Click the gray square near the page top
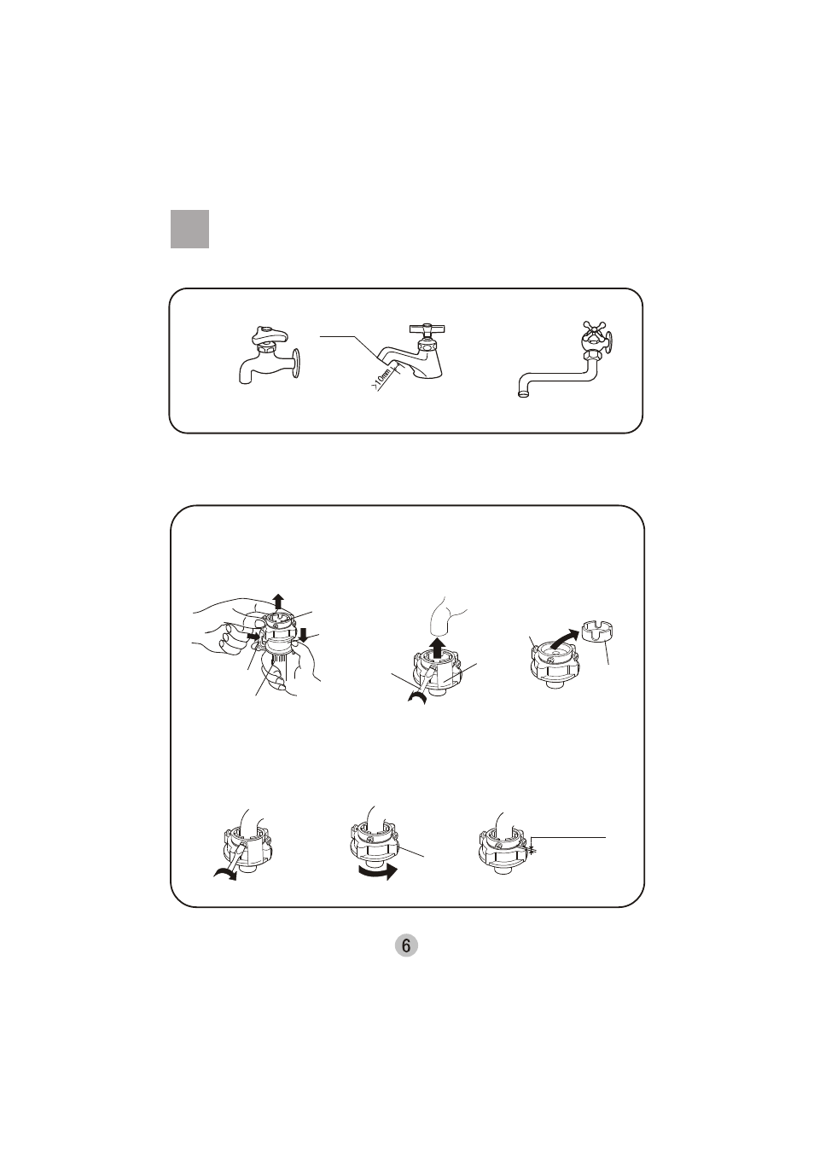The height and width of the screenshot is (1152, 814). (189, 229)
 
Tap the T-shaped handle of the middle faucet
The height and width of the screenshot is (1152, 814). (427, 329)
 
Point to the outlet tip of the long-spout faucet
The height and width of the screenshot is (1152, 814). (524, 394)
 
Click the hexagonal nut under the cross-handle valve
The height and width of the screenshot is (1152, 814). (592, 356)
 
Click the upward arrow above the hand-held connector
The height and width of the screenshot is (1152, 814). (277, 601)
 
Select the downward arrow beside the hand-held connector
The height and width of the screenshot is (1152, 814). (304, 636)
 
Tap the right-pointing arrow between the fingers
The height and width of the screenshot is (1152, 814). (254, 637)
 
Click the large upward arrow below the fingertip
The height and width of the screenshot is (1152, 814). (437, 648)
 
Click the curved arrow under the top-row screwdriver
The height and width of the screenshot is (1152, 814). (417, 697)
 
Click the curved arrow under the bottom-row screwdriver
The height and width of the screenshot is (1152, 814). (225, 874)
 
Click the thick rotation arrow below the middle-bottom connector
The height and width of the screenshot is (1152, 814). (378, 872)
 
